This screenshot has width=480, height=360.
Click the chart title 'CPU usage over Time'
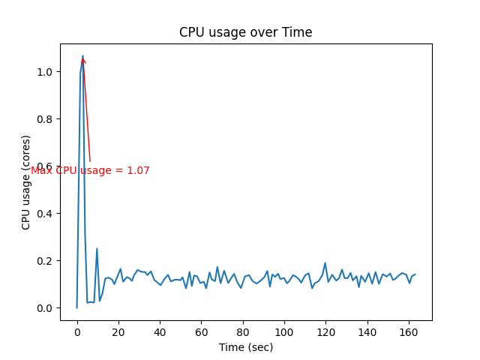point(245,32)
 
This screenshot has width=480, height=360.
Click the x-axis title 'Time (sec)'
point(245,347)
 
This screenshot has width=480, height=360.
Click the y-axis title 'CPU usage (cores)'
point(26,182)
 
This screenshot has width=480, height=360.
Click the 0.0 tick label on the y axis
point(45,308)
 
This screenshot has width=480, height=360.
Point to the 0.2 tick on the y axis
point(45,261)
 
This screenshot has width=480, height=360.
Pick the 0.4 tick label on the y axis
point(45,214)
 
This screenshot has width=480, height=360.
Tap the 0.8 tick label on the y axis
point(45,119)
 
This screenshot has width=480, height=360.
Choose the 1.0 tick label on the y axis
point(45,72)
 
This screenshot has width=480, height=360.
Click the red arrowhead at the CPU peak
point(83,59)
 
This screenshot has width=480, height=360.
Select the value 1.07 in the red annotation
point(138,171)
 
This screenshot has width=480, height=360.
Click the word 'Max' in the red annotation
point(41,171)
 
